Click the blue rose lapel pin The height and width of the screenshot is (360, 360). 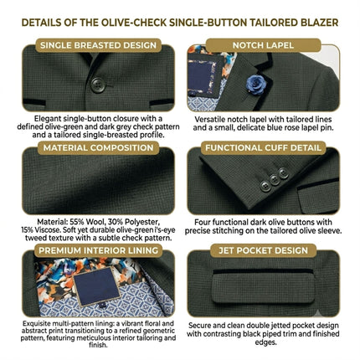coord(256,85)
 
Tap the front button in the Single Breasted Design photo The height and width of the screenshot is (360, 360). coord(98,85)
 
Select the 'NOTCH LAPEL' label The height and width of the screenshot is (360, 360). coord(263,45)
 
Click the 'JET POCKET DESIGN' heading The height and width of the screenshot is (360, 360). coord(263,250)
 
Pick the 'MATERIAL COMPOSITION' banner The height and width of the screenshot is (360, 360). coord(98,147)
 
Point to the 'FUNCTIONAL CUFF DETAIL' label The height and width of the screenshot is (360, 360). coord(263,147)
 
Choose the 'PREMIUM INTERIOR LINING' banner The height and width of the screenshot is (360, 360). coord(98,250)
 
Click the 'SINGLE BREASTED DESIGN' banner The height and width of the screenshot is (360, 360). coord(98,45)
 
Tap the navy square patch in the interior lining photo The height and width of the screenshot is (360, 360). coord(96,286)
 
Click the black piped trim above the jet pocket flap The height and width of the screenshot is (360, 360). coord(263,271)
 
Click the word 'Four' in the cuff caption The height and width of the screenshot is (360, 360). coord(203,223)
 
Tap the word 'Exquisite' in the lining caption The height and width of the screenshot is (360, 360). coord(35,324)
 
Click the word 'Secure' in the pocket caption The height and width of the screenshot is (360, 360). coord(199,326)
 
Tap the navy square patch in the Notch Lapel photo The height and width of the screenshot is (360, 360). coord(203,75)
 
